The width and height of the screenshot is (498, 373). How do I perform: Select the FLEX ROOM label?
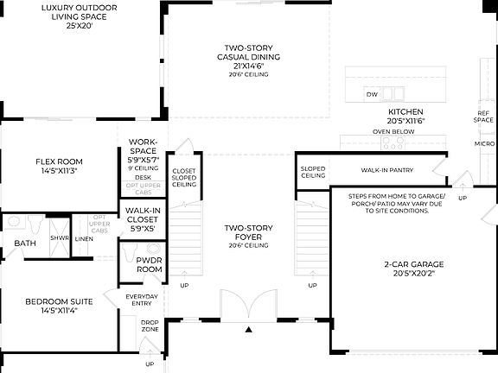(59, 166)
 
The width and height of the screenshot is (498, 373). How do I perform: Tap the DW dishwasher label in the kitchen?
(372, 94)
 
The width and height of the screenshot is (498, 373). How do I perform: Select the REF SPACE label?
(484, 117)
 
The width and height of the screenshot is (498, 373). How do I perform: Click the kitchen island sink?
(394, 93)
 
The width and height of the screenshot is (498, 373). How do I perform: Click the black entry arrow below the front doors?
(249, 330)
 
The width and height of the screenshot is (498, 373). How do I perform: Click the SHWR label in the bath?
(59, 238)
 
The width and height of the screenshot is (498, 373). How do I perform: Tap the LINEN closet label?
(84, 238)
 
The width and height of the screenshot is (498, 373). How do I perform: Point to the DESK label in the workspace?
(142, 177)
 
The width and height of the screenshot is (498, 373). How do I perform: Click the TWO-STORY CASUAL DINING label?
(248, 58)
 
